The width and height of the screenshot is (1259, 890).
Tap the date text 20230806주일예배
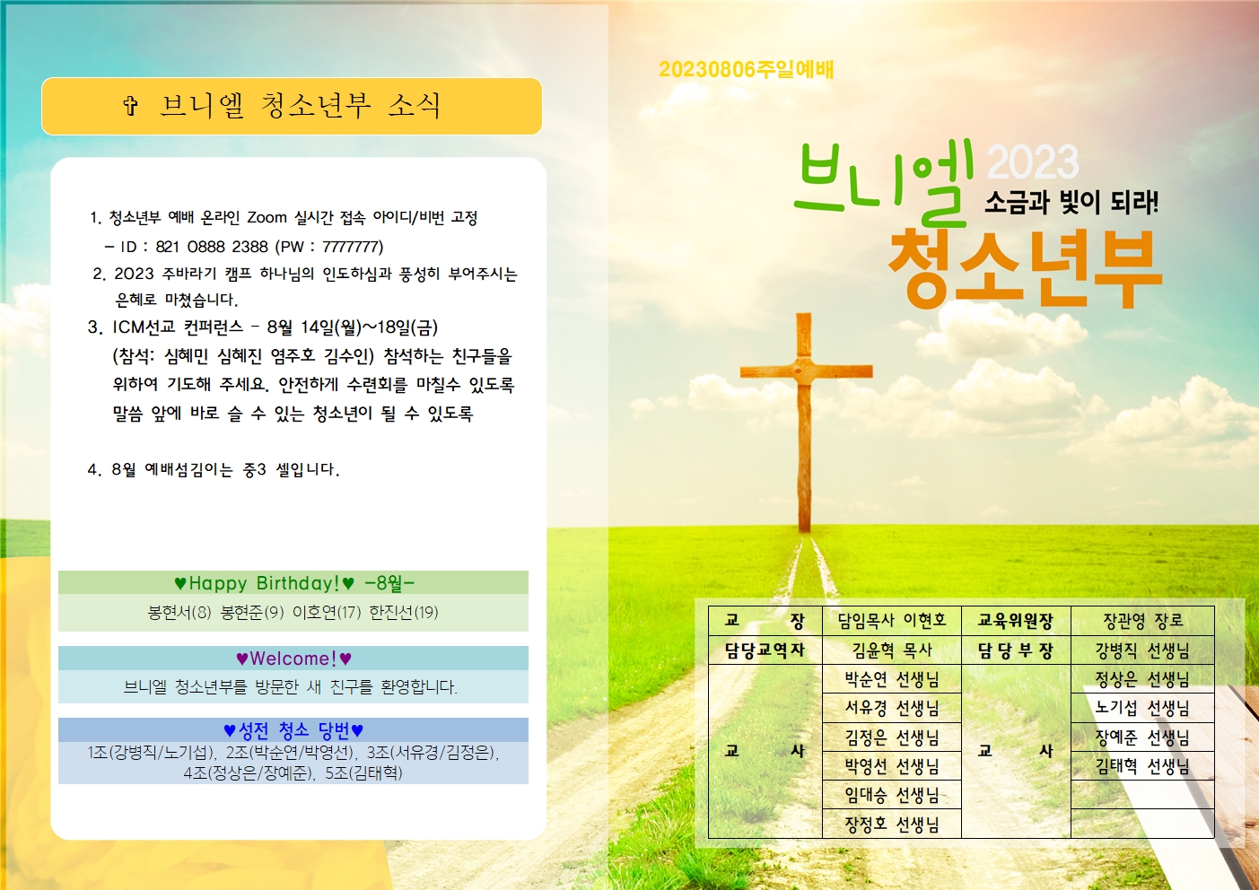pos(746,70)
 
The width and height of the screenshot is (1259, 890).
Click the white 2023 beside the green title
pos(1033,162)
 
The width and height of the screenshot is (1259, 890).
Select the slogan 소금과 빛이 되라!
pos(1071,202)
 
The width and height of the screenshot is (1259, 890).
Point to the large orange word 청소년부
pos(1025,266)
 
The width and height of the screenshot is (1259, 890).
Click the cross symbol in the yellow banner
pos(131,107)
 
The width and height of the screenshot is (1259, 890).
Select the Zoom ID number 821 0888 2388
pos(212,247)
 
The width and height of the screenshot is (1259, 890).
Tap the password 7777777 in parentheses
pos(352,247)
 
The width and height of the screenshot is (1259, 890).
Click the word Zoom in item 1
pos(267,217)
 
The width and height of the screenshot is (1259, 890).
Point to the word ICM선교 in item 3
pos(144,327)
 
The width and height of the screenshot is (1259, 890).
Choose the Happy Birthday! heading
pos(265,583)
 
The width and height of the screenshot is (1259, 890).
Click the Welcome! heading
pos(293,659)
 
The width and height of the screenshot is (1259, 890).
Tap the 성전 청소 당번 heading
pos(293,730)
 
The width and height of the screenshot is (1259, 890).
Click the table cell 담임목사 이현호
pos(891,620)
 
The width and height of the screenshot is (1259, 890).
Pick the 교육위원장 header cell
pos(1015,620)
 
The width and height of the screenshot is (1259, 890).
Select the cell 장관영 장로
pos(1142,620)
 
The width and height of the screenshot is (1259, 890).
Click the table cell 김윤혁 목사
pos(891,650)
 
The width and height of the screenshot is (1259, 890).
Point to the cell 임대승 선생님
pos(891,795)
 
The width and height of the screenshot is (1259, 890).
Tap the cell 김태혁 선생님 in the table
pos(1142,766)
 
